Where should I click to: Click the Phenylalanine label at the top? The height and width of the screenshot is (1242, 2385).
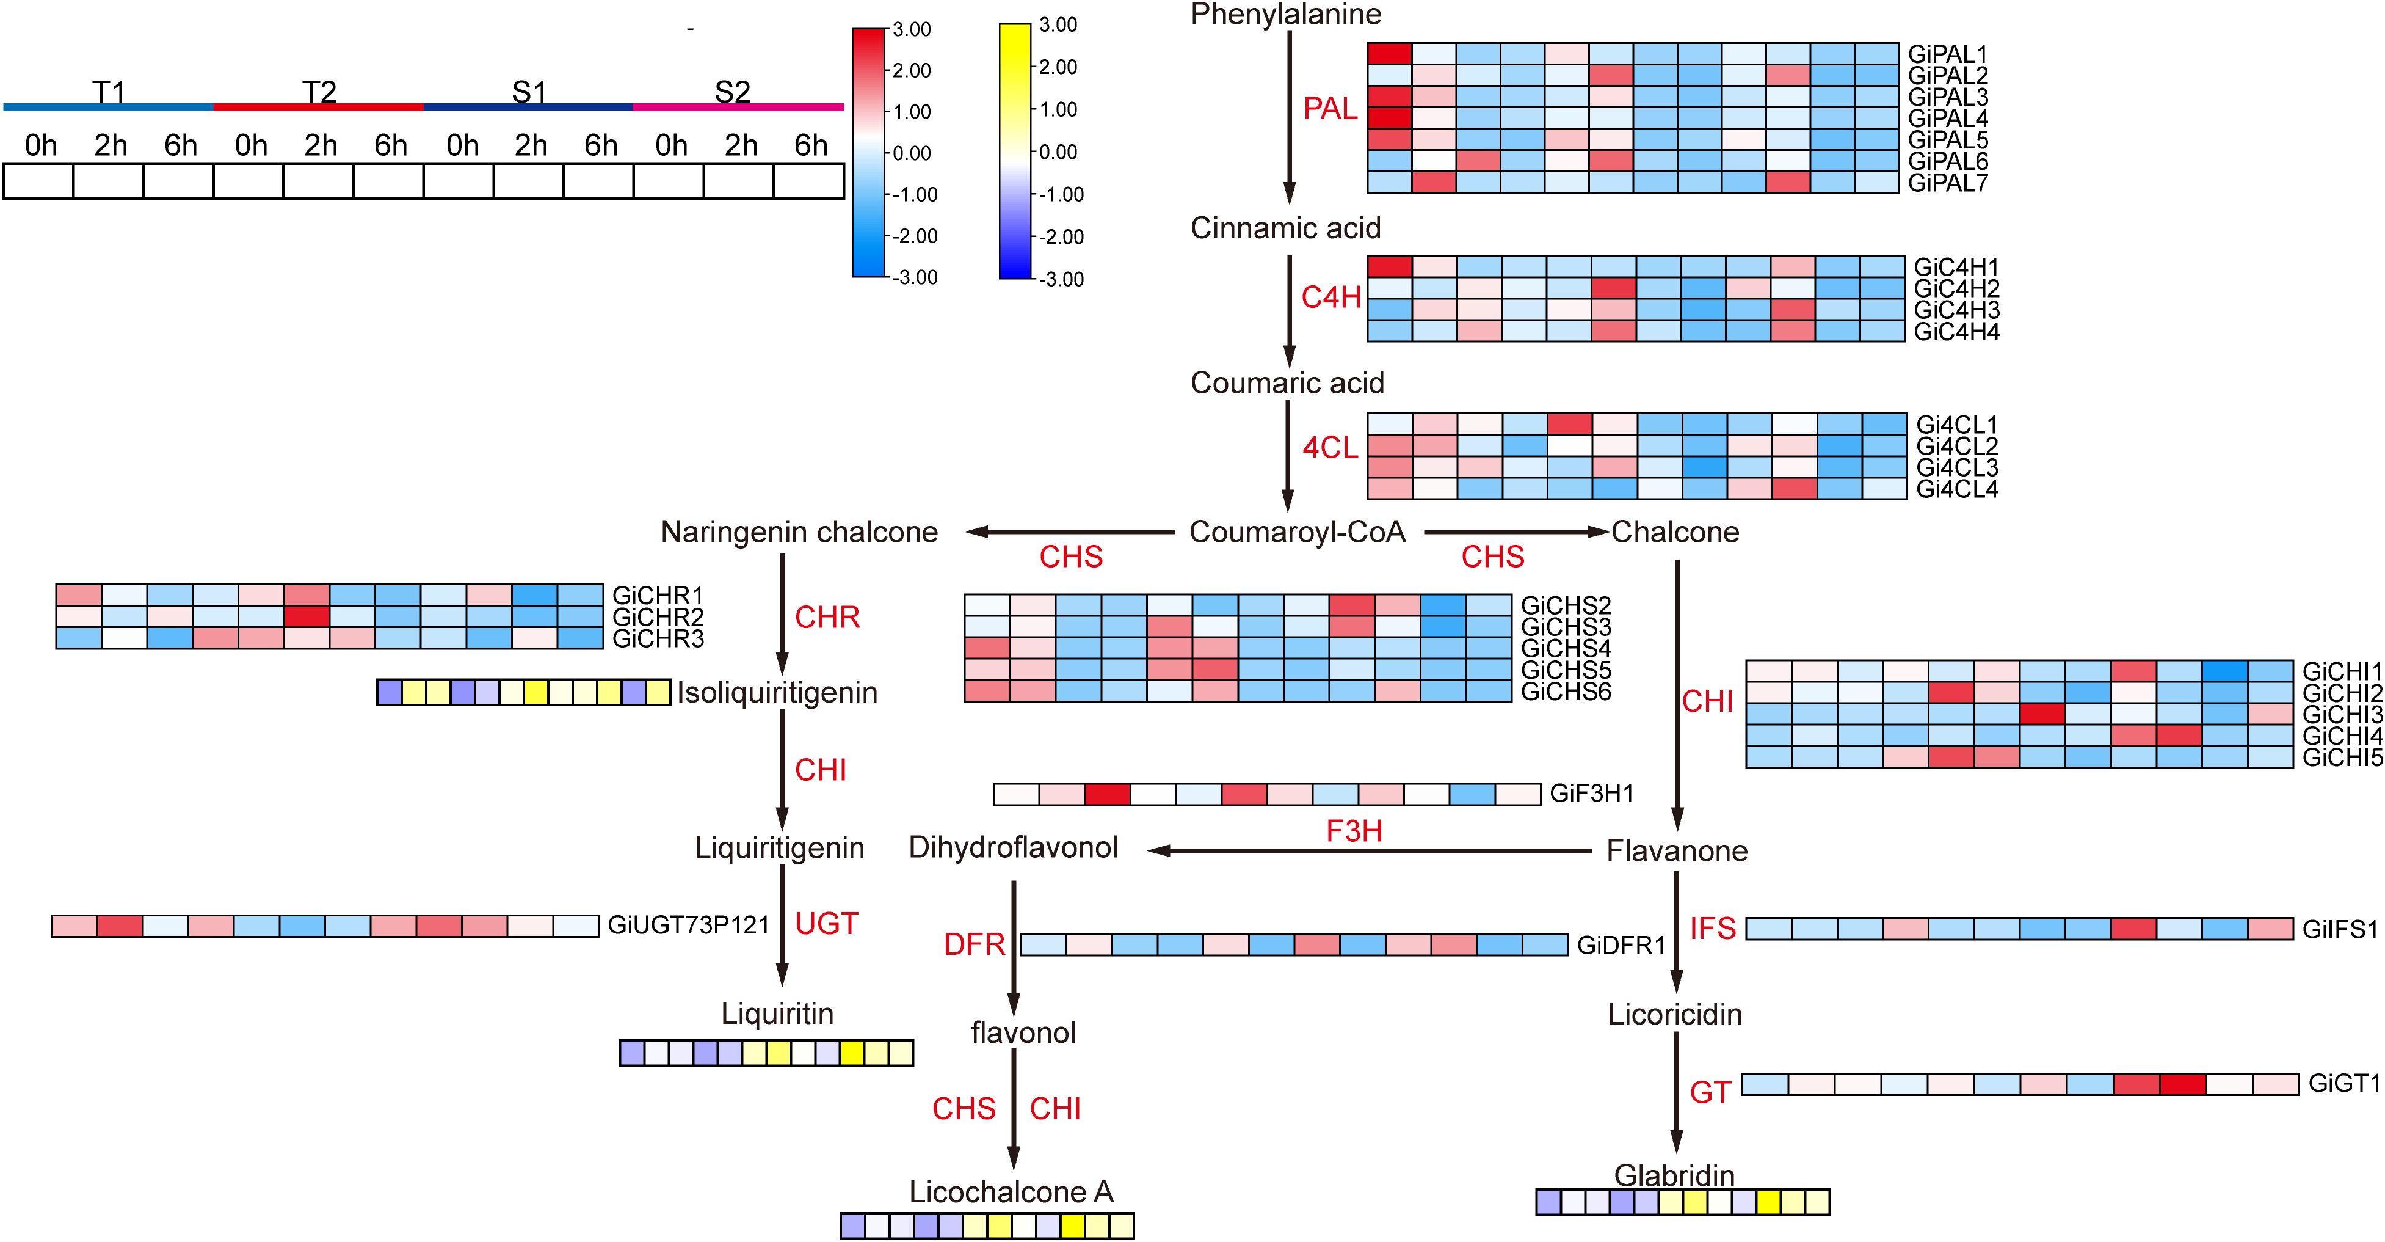click(1285, 15)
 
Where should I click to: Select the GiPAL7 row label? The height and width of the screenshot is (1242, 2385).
click(1947, 183)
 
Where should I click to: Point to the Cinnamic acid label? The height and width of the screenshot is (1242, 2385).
click(1285, 228)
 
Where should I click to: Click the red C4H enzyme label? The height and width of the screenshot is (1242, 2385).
click(1330, 298)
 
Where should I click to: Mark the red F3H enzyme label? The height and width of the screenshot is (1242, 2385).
click(1354, 831)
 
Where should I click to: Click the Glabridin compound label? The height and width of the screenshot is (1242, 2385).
click(1674, 1175)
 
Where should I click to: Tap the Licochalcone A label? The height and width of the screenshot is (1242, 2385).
click(1011, 1192)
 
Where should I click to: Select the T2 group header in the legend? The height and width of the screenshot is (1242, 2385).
click(319, 92)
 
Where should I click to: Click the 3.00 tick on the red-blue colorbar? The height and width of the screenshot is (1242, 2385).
click(912, 30)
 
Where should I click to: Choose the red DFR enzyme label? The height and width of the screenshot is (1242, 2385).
click(974, 944)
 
